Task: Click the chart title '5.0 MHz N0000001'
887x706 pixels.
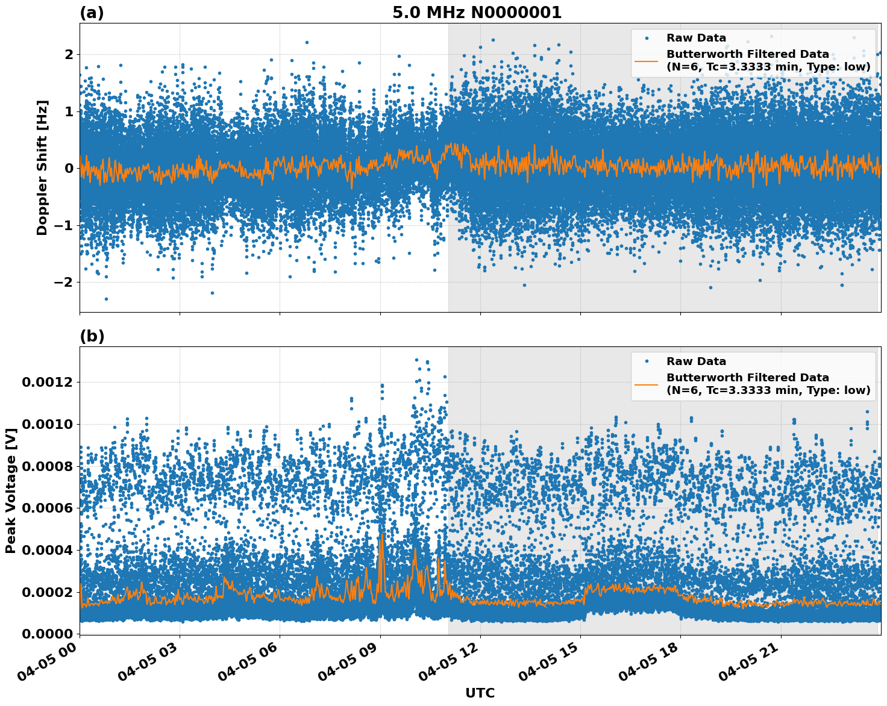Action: tap(477, 13)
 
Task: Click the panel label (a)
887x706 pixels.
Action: tap(92, 13)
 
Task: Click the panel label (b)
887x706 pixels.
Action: tap(92, 336)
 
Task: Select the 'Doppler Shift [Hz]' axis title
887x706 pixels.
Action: tap(42, 168)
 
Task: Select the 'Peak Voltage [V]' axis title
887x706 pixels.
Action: tap(10, 491)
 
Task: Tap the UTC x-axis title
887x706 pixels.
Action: tap(480, 693)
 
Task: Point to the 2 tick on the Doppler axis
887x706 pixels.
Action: tap(69, 55)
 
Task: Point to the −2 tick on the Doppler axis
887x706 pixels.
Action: tap(64, 282)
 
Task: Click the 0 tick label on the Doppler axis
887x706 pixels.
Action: tap(69, 169)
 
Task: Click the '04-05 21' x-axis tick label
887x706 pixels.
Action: tap(753, 661)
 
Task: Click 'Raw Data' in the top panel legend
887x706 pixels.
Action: tap(696, 38)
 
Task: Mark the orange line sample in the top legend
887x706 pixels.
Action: tap(646, 60)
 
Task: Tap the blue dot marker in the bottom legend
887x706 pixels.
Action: tap(646, 361)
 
